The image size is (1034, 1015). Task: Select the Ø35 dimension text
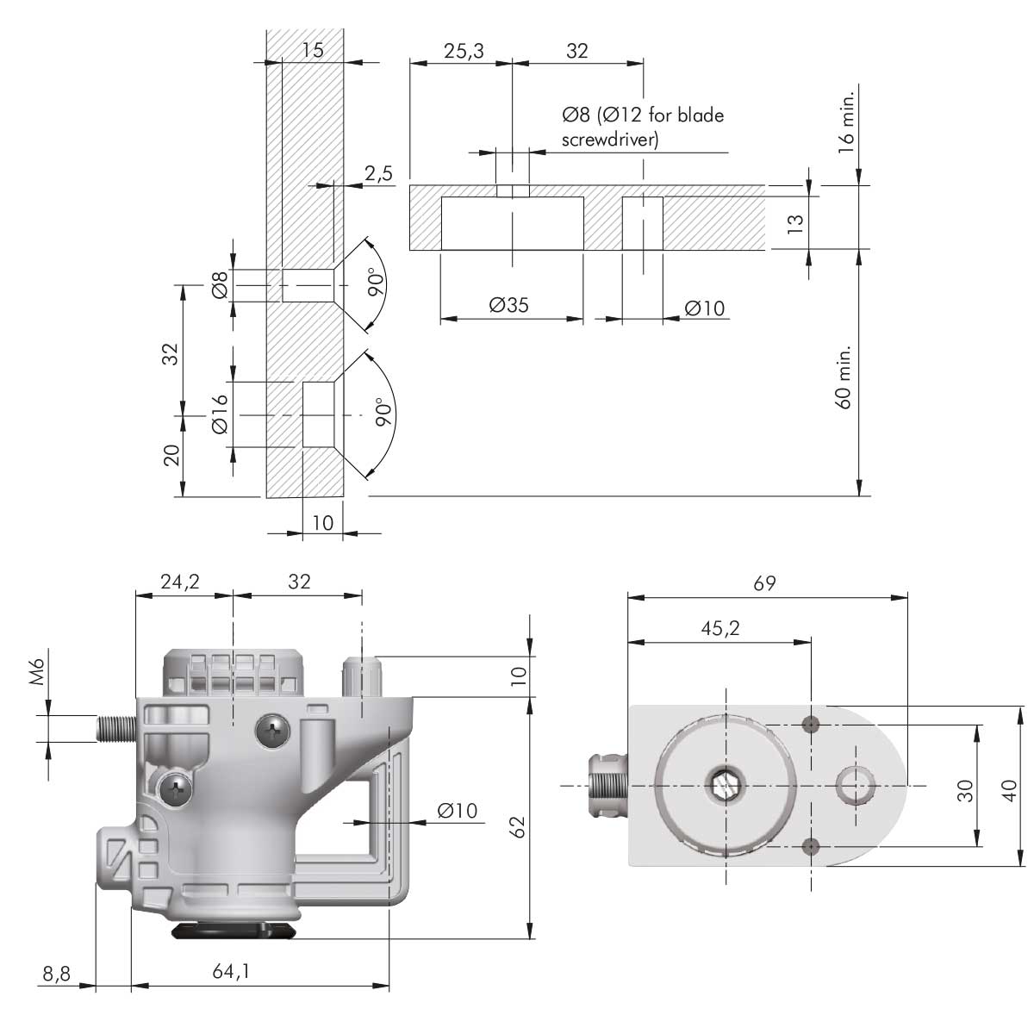pos(508,305)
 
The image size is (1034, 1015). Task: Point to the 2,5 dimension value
pos(378,173)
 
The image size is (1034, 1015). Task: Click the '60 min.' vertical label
pos(844,376)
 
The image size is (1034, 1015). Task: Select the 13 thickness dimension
pos(795,221)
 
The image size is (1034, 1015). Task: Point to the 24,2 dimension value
pos(180,582)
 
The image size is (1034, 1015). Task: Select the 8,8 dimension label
pos(56,975)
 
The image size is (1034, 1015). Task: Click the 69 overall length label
pos(764,582)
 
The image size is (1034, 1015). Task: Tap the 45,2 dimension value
pos(720,629)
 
